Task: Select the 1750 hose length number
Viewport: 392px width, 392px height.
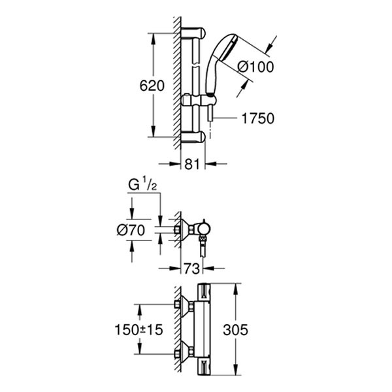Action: [x=257, y=118]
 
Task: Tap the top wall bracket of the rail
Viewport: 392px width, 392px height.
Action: [x=196, y=33]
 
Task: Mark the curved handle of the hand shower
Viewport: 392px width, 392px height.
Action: [x=210, y=75]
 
